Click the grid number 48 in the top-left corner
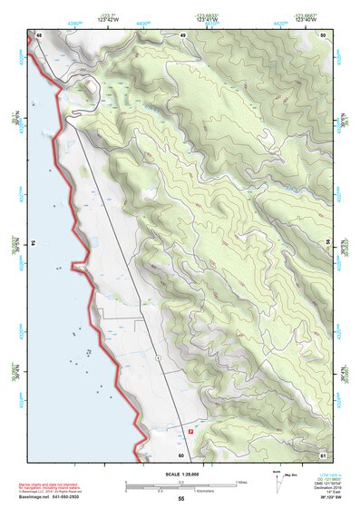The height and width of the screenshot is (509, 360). point(39,34)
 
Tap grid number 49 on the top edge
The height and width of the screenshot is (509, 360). point(182,34)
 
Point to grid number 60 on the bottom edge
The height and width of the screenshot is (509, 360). point(181,455)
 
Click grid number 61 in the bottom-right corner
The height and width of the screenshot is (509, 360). point(322,455)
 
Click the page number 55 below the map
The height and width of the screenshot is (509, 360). point(180,499)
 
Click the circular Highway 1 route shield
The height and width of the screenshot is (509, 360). point(158,358)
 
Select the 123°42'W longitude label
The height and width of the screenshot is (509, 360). point(109,20)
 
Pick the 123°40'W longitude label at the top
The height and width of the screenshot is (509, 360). point(307,20)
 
